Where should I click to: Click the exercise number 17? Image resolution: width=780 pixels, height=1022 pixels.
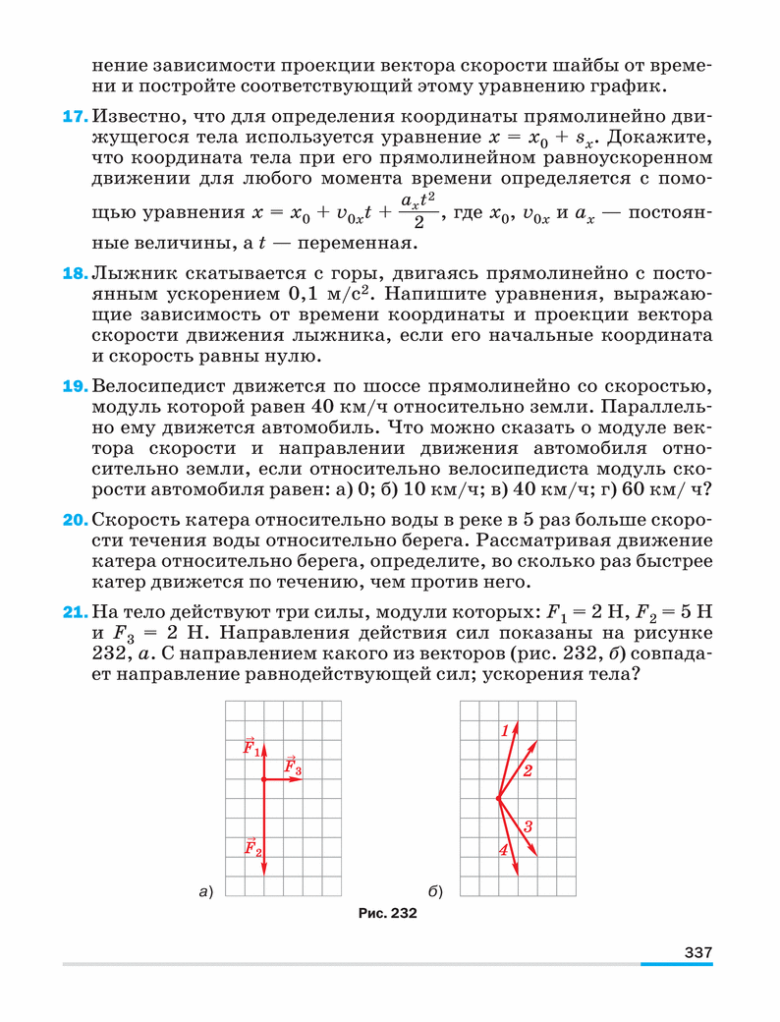(76, 117)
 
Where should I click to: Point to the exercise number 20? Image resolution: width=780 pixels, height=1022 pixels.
(76, 519)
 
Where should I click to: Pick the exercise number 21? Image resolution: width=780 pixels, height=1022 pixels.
(76, 613)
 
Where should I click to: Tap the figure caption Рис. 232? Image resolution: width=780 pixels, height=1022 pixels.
(388, 913)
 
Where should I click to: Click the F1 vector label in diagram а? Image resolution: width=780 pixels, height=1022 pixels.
(251, 748)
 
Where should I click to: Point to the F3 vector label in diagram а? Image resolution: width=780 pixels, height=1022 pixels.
(292, 766)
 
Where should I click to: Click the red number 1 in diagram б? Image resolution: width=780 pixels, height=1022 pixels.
(505, 730)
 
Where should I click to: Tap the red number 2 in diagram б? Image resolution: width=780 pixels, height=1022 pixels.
(528, 770)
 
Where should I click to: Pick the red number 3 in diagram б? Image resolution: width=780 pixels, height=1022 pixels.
(528, 826)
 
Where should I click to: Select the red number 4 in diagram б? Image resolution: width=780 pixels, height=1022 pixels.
(504, 851)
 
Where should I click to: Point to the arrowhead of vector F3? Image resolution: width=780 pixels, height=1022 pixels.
(299, 778)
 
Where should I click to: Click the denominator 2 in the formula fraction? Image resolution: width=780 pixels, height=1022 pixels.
(417, 223)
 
